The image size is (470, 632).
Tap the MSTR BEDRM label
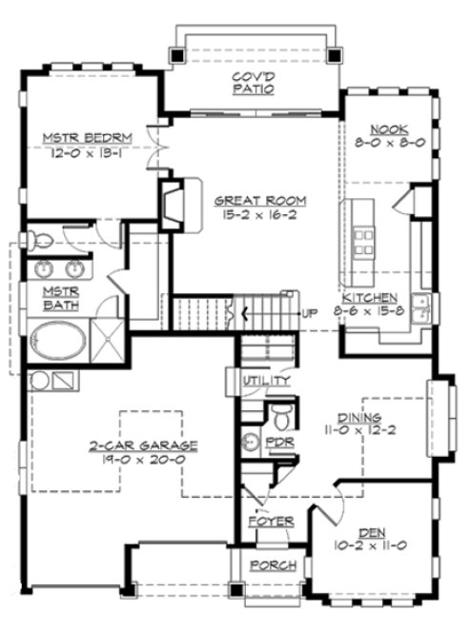click(x=87, y=138)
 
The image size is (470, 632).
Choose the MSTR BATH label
click(x=59, y=298)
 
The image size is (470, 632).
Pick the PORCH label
click(x=273, y=565)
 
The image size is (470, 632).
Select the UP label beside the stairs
click(x=309, y=313)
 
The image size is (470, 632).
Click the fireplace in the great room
click(x=175, y=202)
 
